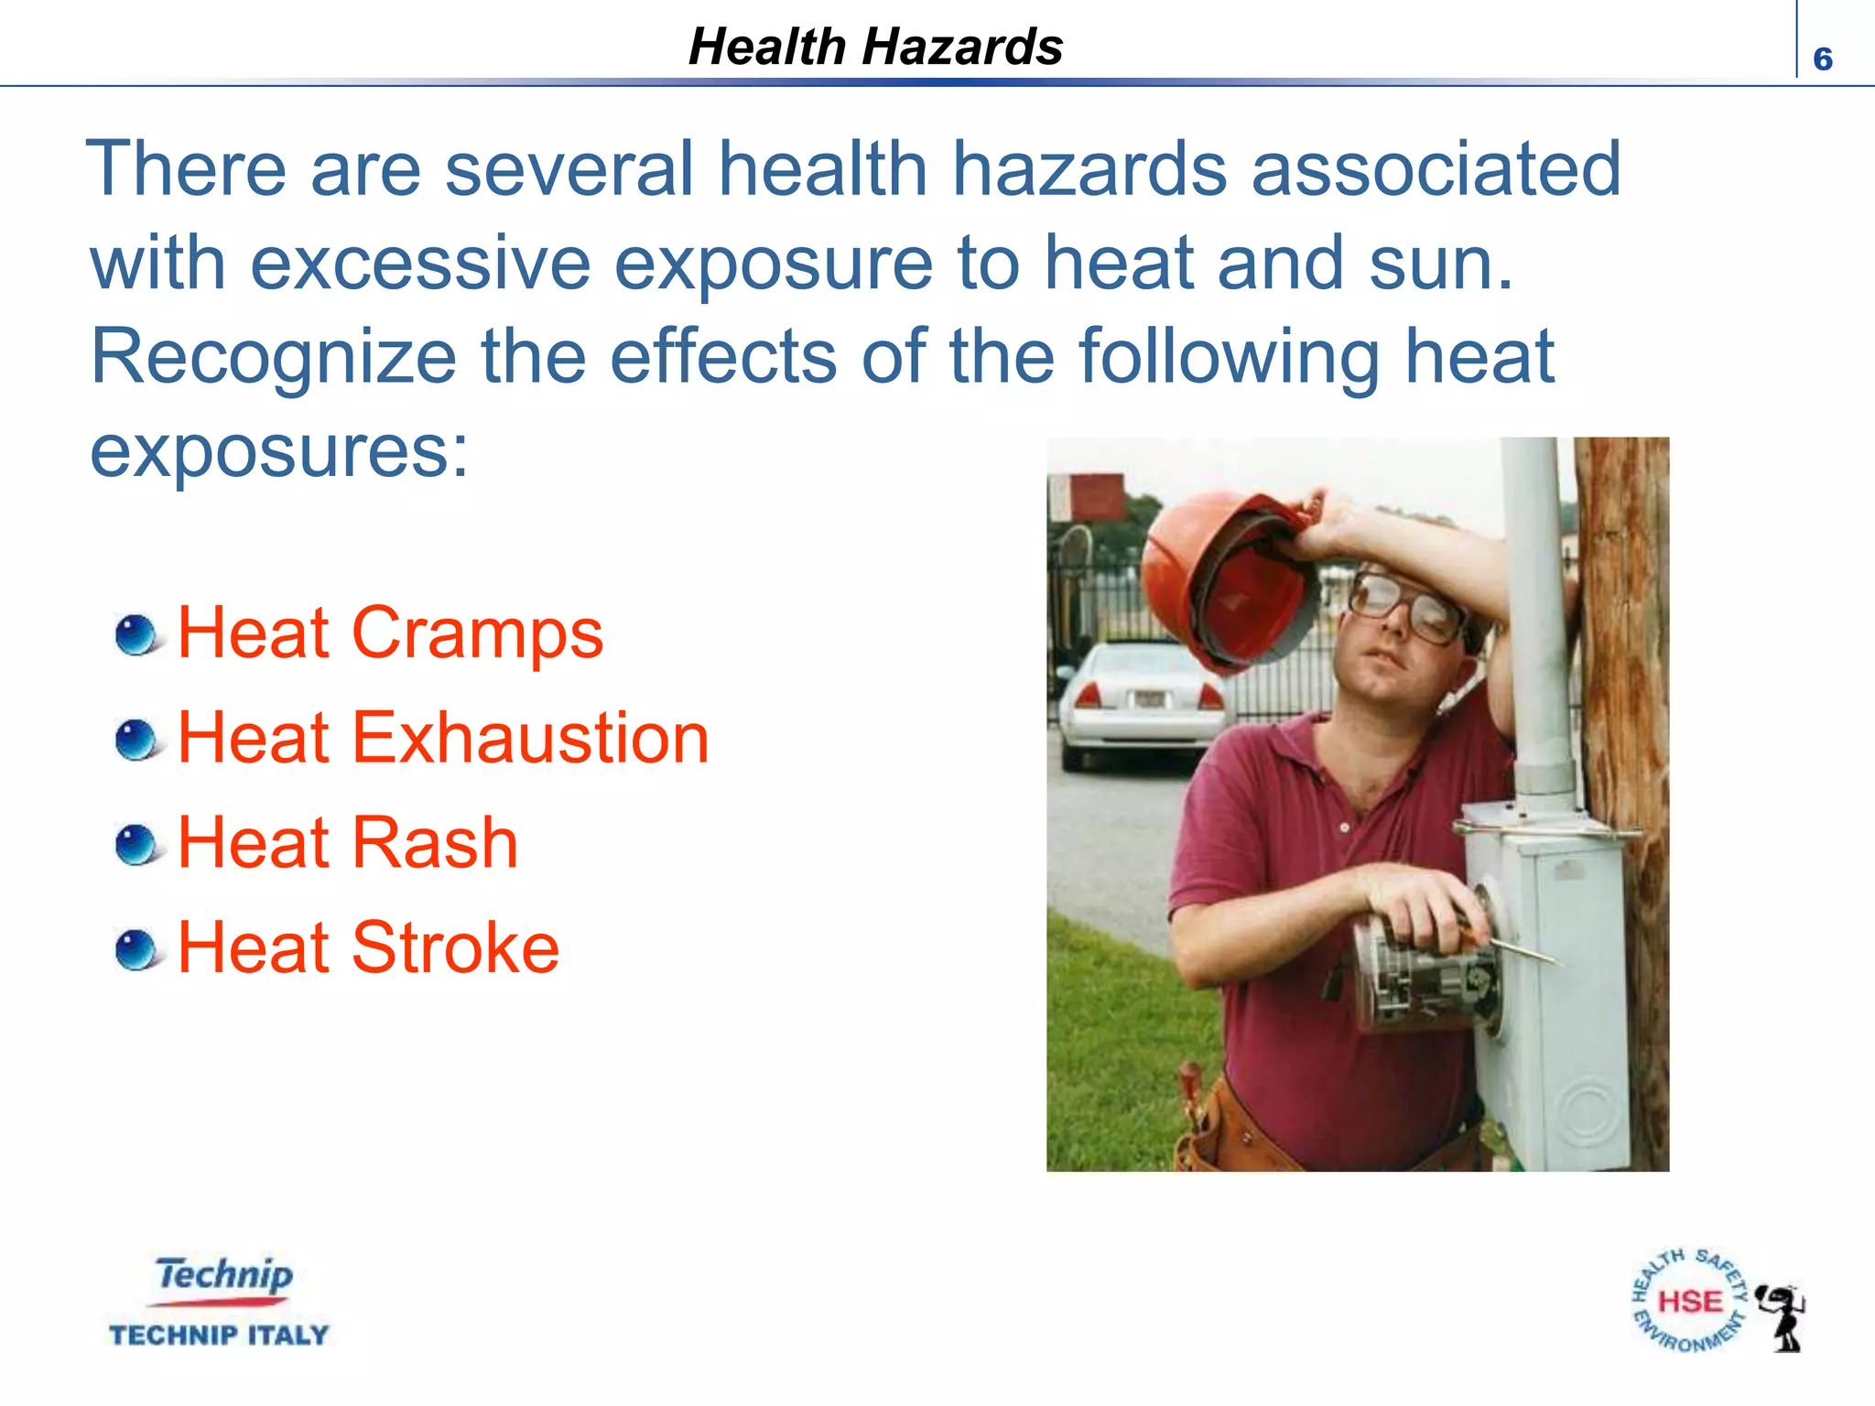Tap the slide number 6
click(x=1822, y=59)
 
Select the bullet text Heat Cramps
click(x=390, y=633)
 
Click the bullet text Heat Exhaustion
click(x=443, y=738)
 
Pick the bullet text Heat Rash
click(x=348, y=843)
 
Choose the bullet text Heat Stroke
click(x=368, y=947)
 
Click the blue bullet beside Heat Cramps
click(x=137, y=635)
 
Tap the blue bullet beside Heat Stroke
click(x=137, y=950)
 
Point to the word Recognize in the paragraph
click(x=273, y=357)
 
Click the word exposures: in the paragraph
click(x=279, y=451)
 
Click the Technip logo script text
click(x=223, y=1275)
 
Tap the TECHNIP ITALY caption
click(x=219, y=1336)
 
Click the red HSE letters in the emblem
click(x=1690, y=1302)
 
